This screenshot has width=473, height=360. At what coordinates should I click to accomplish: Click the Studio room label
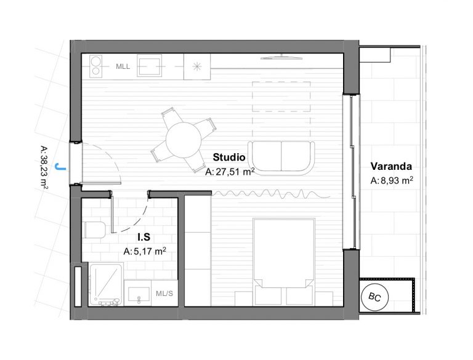coord(229,158)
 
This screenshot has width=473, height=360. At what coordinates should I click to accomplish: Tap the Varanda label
coord(391,166)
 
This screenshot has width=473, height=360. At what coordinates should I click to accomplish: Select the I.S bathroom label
coord(144,238)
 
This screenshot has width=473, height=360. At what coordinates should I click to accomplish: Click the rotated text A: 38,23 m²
coord(44,167)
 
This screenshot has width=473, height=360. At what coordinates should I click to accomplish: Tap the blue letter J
coord(60,167)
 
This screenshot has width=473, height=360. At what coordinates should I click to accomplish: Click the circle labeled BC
coord(374,297)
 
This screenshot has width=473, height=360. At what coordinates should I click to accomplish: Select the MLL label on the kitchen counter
coord(123,66)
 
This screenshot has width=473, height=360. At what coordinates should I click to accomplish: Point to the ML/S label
coord(164,294)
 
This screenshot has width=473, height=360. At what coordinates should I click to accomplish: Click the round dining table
coord(184,140)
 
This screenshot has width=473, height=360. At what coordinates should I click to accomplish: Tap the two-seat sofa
coord(281,158)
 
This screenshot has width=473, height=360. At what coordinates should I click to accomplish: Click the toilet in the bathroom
coord(94,230)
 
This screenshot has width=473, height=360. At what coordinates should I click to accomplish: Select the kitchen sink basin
coord(149,66)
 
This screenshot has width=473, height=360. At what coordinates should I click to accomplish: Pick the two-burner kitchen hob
coord(96,66)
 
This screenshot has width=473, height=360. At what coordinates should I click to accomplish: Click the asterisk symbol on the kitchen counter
coord(197,66)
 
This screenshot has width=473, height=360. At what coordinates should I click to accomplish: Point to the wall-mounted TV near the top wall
coord(281,57)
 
